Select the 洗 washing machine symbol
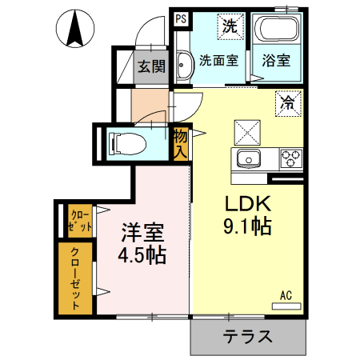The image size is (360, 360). coord(230,26)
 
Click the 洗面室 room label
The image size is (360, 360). coord(218,59)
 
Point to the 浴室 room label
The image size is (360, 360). coord(277,59)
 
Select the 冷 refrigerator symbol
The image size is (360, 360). coord(287,102)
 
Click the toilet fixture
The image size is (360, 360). coord(126,143)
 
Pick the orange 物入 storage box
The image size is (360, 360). coord(180,143)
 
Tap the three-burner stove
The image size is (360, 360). coord(290,158)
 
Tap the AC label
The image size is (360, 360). coord(286,296)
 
